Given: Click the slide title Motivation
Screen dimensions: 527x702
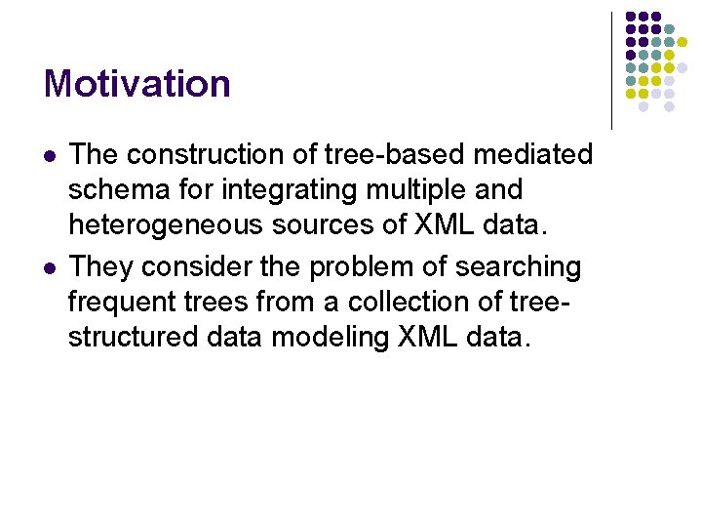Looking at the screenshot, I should (x=137, y=84).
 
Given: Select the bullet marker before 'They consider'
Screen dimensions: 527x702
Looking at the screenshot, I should (x=50, y=267).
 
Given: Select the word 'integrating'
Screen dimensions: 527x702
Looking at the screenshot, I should (x=281, y=190).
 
